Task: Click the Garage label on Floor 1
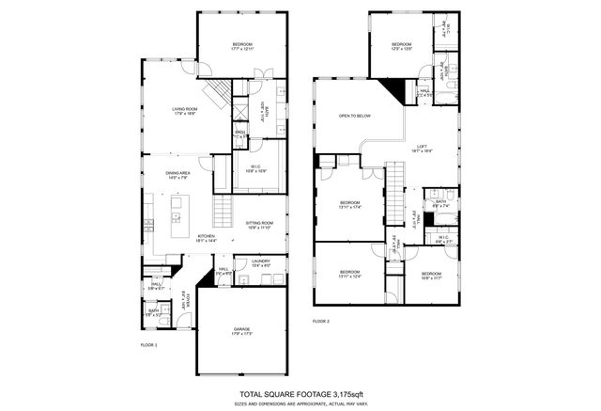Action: (242, 330)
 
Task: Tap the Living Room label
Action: (184, 112)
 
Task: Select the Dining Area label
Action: (178, 175)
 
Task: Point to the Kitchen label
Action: (207, 238)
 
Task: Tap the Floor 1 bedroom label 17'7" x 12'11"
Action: (243, 47)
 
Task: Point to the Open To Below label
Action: (355, 116)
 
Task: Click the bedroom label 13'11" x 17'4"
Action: (349, 204)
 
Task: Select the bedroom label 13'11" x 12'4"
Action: (349, 274)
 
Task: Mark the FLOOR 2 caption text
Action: (321, 322)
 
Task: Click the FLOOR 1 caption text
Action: (148, 345)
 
